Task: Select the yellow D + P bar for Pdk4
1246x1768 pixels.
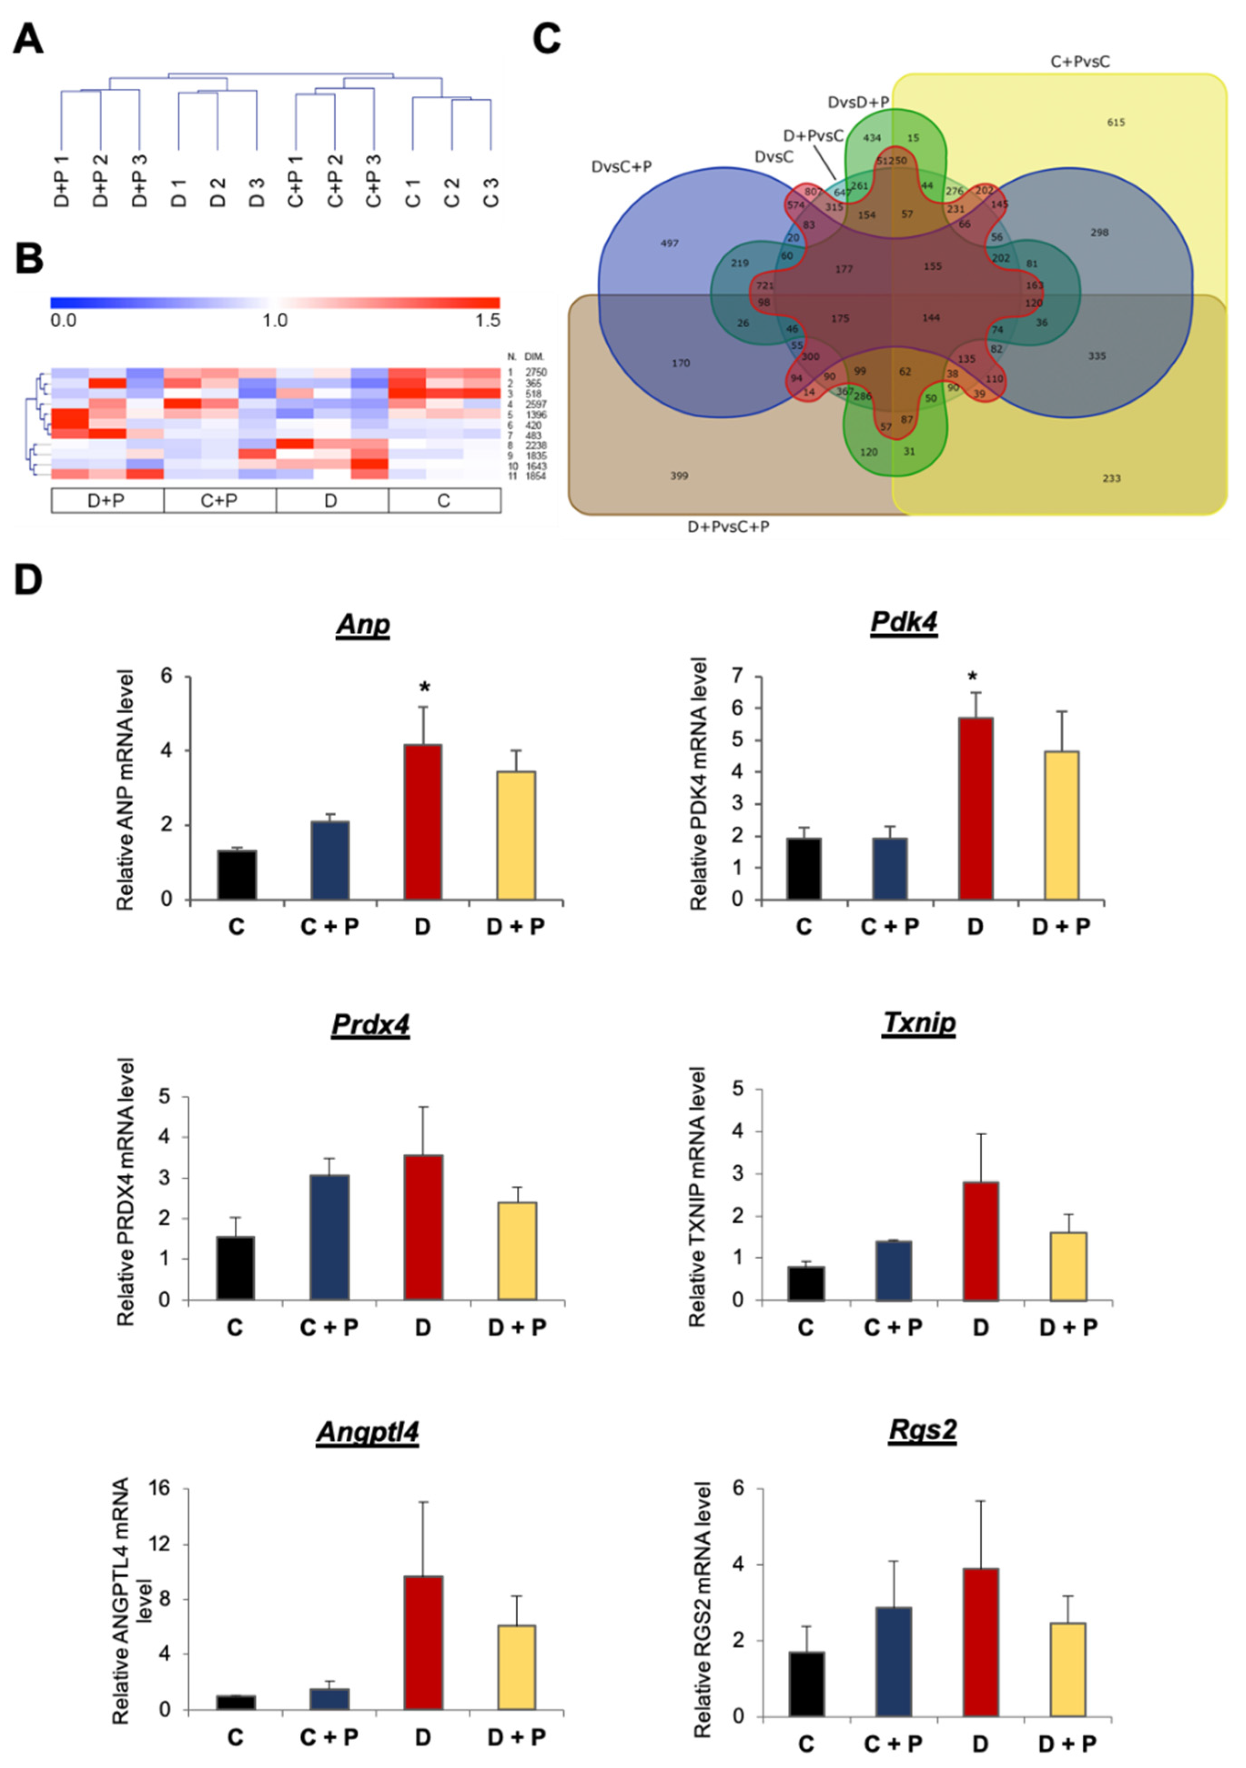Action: (x=1061, y=825)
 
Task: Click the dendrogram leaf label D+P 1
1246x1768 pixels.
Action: (x=61, y=181)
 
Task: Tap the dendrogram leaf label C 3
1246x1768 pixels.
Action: (x=490, y=193)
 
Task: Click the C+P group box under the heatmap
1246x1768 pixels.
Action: (x=219, y=501)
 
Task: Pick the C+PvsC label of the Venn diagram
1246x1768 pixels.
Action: (x=1080, y=61)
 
